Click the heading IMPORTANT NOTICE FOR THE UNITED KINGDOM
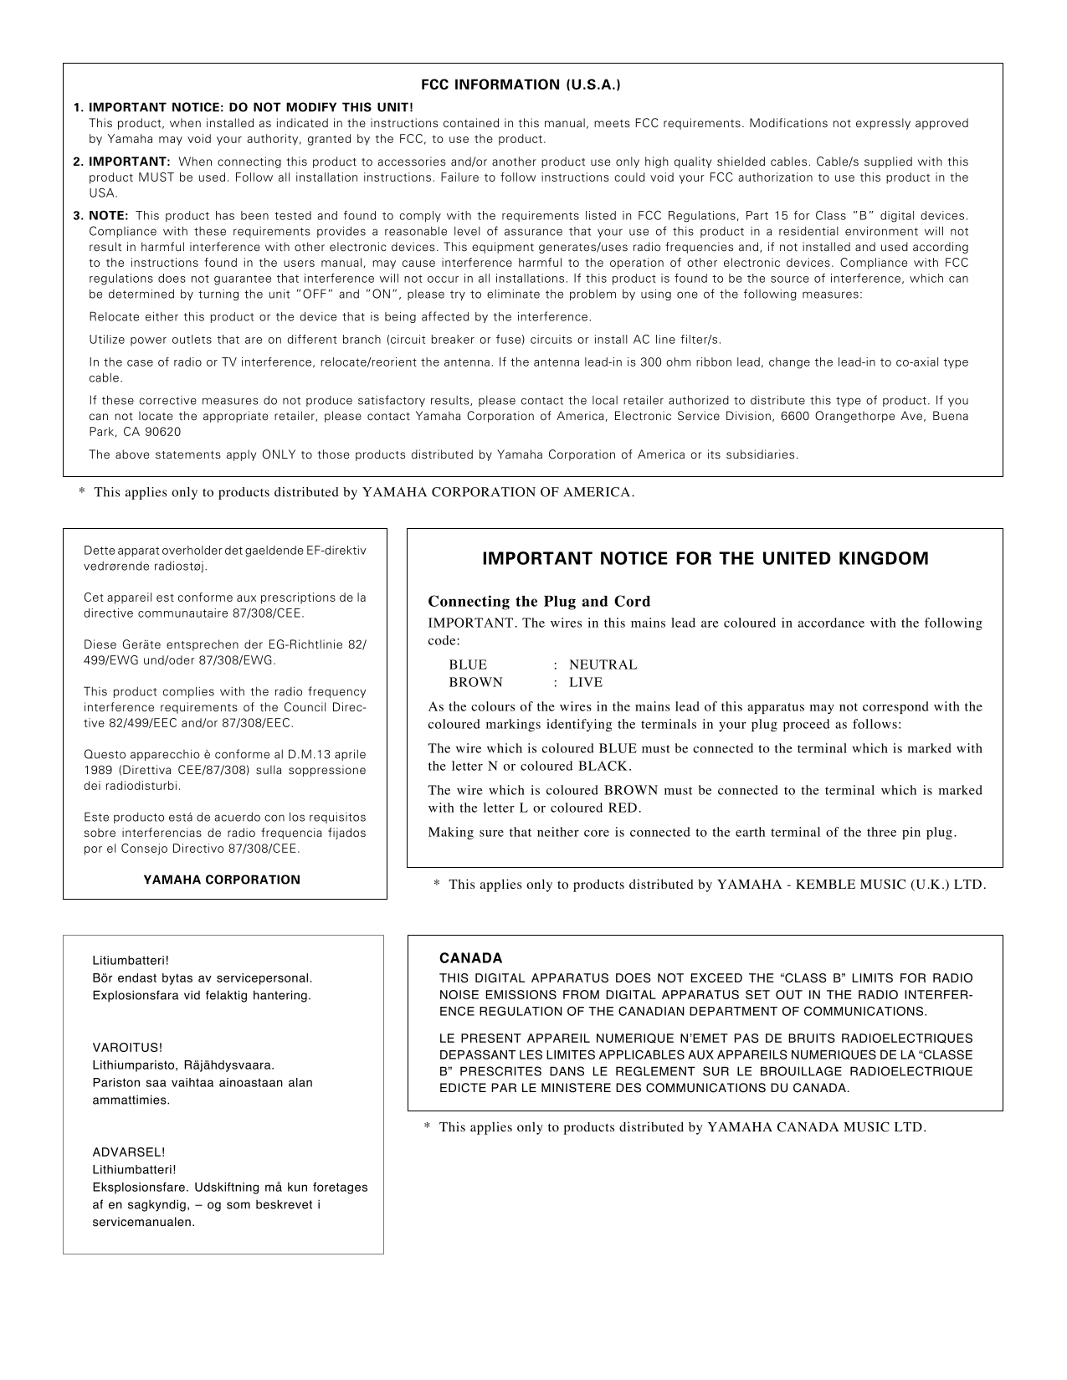(705, 559)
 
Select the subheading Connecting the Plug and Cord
(539, 601)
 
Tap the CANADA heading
(470, 958)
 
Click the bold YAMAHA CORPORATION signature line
(222, 880)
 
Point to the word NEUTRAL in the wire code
(603, 664)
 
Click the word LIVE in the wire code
(586, 682)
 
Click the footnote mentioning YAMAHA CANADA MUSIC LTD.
(675, 1127)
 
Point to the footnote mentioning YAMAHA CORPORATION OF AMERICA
(357, 492)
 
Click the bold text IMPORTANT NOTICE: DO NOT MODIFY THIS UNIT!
(250, 108)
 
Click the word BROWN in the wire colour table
(475, 682)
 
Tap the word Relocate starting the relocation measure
(113, 317)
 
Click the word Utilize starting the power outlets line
(108, 339)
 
